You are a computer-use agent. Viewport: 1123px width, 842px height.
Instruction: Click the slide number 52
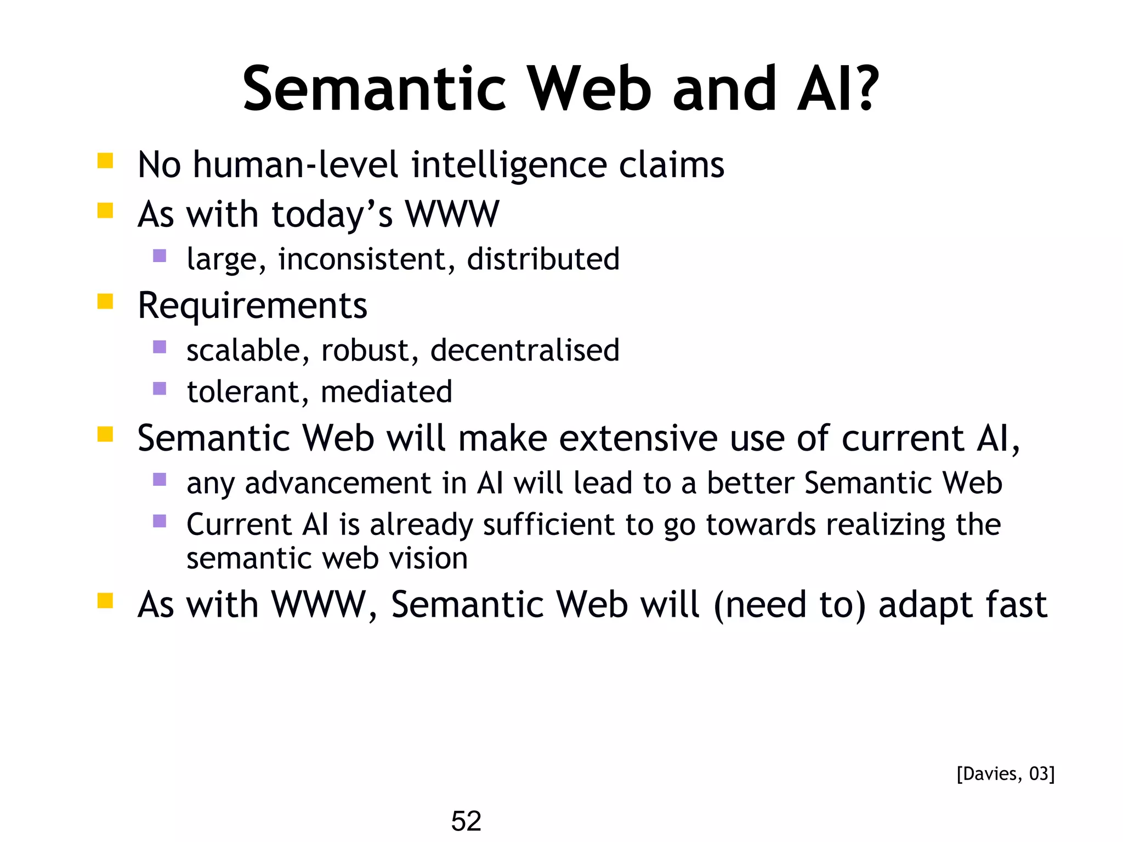pyautogui.click(x=466, y=821)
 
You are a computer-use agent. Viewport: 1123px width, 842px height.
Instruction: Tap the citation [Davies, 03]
pyautogui.click(x=1005, y=773)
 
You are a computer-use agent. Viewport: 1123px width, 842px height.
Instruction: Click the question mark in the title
pyautogui.click(x=865, y=89)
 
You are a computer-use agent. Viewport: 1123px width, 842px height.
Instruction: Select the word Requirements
pyautogui.click(x=252, y=305)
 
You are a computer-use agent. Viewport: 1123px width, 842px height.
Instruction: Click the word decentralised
pyautogui.click(x=525, y=350)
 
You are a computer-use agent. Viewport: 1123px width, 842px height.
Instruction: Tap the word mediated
pyautogui.click(x=387, y=391)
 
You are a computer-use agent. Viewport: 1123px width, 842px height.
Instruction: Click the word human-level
pyautogui.click(x=296, y=164)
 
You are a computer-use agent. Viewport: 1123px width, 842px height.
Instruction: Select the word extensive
pyautogui.click(x=638, y=438)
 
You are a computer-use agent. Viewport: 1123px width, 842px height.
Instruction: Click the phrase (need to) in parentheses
pyautogui.click(x=790, y=605)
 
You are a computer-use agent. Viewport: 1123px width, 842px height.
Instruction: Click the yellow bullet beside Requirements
pyautogui.click(x=105, y=301)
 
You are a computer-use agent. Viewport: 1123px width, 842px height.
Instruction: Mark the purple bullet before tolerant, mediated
pyautogui.click(x=160, y=389)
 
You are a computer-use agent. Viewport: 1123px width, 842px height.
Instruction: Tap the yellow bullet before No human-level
pyautogui.click(x=105, y=161)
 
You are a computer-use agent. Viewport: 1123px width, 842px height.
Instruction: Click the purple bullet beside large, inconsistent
pyautogui.click(x=160, y=255)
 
